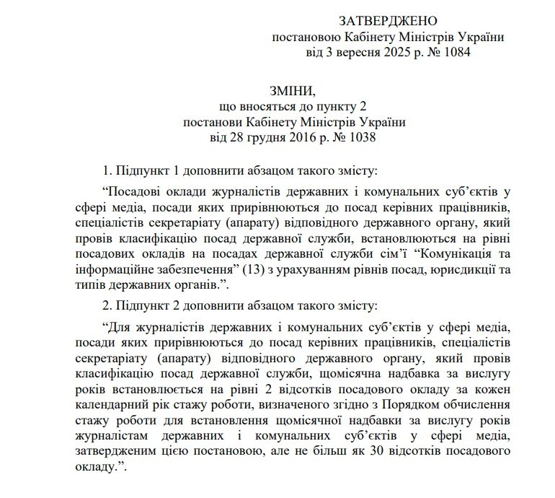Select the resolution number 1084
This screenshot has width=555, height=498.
pos(456,53)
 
